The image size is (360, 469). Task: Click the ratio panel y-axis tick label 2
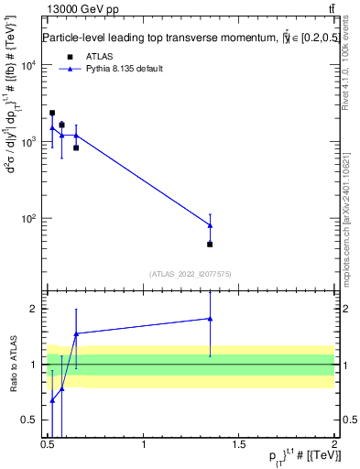coord(36,309)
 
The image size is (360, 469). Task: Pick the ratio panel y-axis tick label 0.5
coord(33,420)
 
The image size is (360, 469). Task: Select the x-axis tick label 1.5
coord(239,445)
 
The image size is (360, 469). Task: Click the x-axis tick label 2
coord(333,445)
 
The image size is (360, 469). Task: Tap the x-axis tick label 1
coord(144,445)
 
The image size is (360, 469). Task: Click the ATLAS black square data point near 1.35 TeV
coord(210,245)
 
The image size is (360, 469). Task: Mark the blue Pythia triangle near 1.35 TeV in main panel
coord(210,225)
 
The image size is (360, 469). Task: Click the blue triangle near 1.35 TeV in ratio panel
coord(210,319)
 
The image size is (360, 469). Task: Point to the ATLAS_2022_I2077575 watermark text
coord(189,273)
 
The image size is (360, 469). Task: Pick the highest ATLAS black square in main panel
coord(52,114)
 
